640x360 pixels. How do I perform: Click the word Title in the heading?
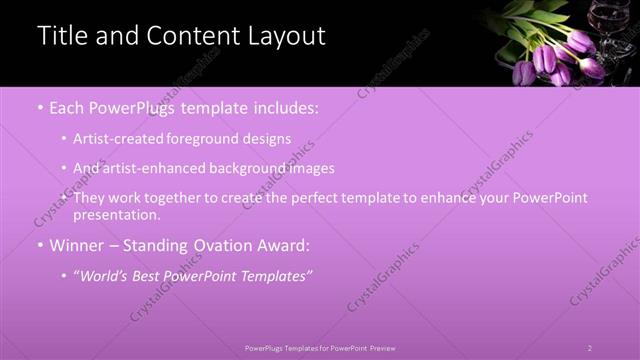[61, 36]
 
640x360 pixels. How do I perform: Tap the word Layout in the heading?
[283, 36]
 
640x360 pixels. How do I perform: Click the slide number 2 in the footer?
[590, 348]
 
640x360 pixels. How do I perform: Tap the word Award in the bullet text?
[283, 245]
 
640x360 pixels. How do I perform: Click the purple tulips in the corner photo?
[560, 55]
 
